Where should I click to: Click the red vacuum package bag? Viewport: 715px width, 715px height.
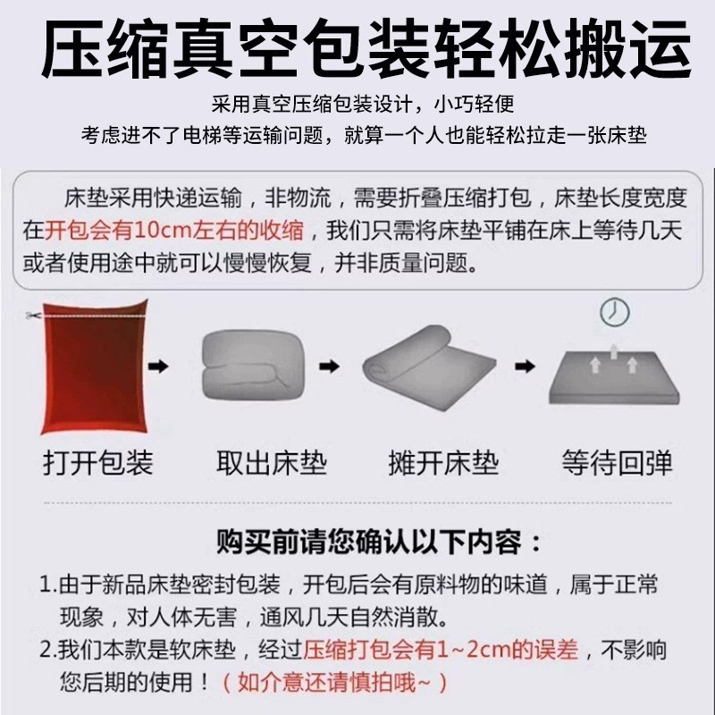click(95, 366)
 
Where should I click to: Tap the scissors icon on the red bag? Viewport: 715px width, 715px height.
click(33, 315)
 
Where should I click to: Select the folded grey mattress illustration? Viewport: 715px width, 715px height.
click(253, 365)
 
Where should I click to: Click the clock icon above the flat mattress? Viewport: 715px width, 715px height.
click(614, 312)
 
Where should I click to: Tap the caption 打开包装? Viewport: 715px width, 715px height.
click(98, 463)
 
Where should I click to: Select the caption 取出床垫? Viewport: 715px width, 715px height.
click(272, 463)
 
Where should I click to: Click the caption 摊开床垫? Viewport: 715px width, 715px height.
click(443, 463)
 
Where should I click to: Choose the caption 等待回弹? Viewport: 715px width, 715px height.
click(617, 463)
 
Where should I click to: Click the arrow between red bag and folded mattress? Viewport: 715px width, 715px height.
click(159, 366)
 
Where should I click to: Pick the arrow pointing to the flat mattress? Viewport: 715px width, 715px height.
click(525, 366)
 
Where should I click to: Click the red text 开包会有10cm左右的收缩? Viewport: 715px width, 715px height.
click(174, 230)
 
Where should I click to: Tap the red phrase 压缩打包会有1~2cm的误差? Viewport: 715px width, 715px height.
click(441, 650)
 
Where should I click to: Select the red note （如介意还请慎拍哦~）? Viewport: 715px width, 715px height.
click(334, 683)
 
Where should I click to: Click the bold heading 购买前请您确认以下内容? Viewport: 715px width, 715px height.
click(369, 543)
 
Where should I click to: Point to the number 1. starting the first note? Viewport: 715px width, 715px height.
click(48, 585)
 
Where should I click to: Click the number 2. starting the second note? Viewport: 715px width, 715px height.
click(48, 651)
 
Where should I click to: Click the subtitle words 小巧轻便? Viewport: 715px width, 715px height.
click(475, 105)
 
